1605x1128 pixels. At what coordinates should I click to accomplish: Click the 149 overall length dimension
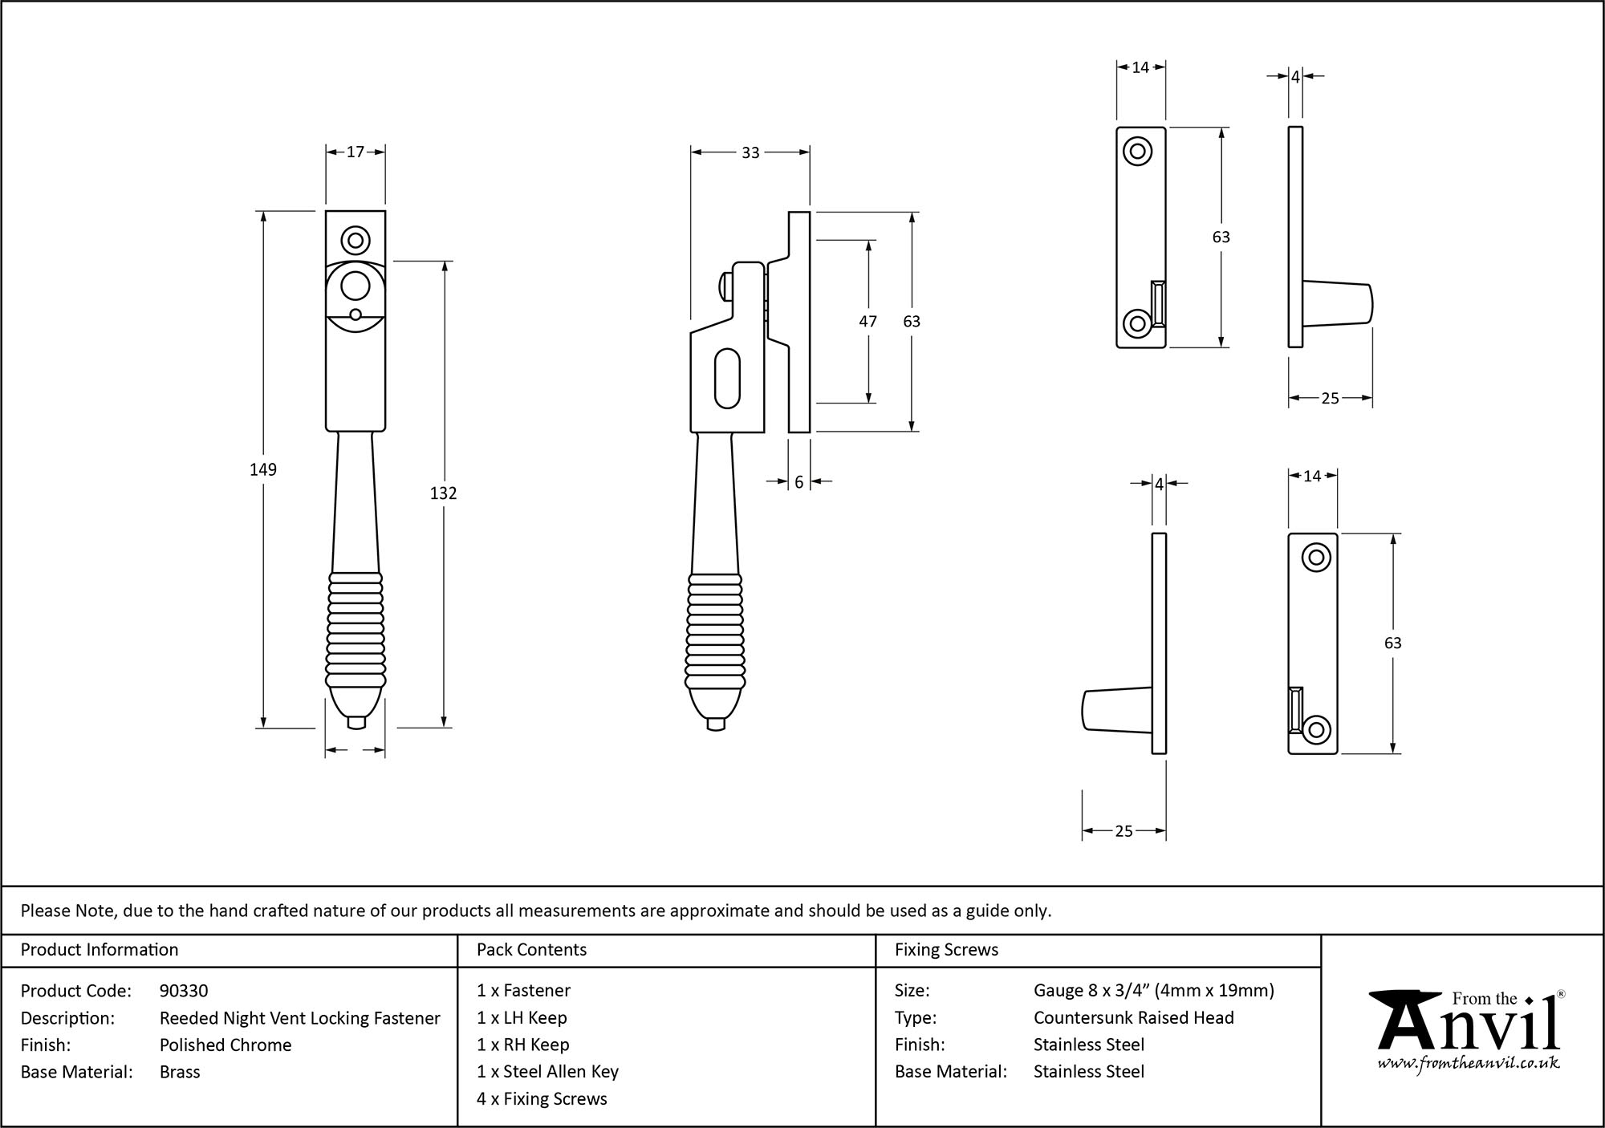point(263,470)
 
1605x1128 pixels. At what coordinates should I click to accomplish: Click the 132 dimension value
point(443,493)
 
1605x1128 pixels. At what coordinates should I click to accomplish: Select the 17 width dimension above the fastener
point(356,152)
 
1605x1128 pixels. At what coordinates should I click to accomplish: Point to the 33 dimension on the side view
point(750,152)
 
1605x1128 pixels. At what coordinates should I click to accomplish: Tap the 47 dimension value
point(868,321)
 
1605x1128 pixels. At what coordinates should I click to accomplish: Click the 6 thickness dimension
point(799,482)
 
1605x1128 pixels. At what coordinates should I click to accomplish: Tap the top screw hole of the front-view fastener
point(356,240)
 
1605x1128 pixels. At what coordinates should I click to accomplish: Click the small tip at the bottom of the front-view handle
point(356,723)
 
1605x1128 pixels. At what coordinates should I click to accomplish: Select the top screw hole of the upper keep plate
point(1137,151)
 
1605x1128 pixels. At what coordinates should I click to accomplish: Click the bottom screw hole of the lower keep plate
point(1316,729)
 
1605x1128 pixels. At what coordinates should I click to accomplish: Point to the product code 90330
point(184,991)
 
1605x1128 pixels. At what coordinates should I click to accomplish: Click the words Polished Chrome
point(226,1045)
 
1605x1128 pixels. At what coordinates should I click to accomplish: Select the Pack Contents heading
point(531,950)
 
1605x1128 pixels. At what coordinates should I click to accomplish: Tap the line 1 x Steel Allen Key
point(547,1072)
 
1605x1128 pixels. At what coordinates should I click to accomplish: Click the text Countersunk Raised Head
point(1133,1017)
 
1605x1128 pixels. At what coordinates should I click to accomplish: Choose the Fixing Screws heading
point(946,950)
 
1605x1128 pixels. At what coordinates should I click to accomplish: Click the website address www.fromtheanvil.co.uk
point(1468,1063)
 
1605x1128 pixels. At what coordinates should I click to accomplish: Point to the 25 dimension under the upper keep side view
point(1330,398)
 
